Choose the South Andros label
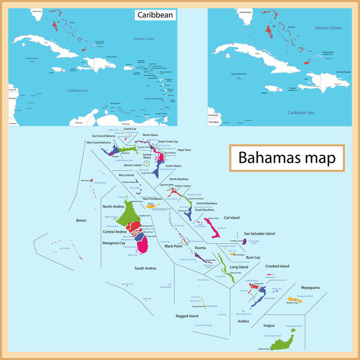tap(146, 268)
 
